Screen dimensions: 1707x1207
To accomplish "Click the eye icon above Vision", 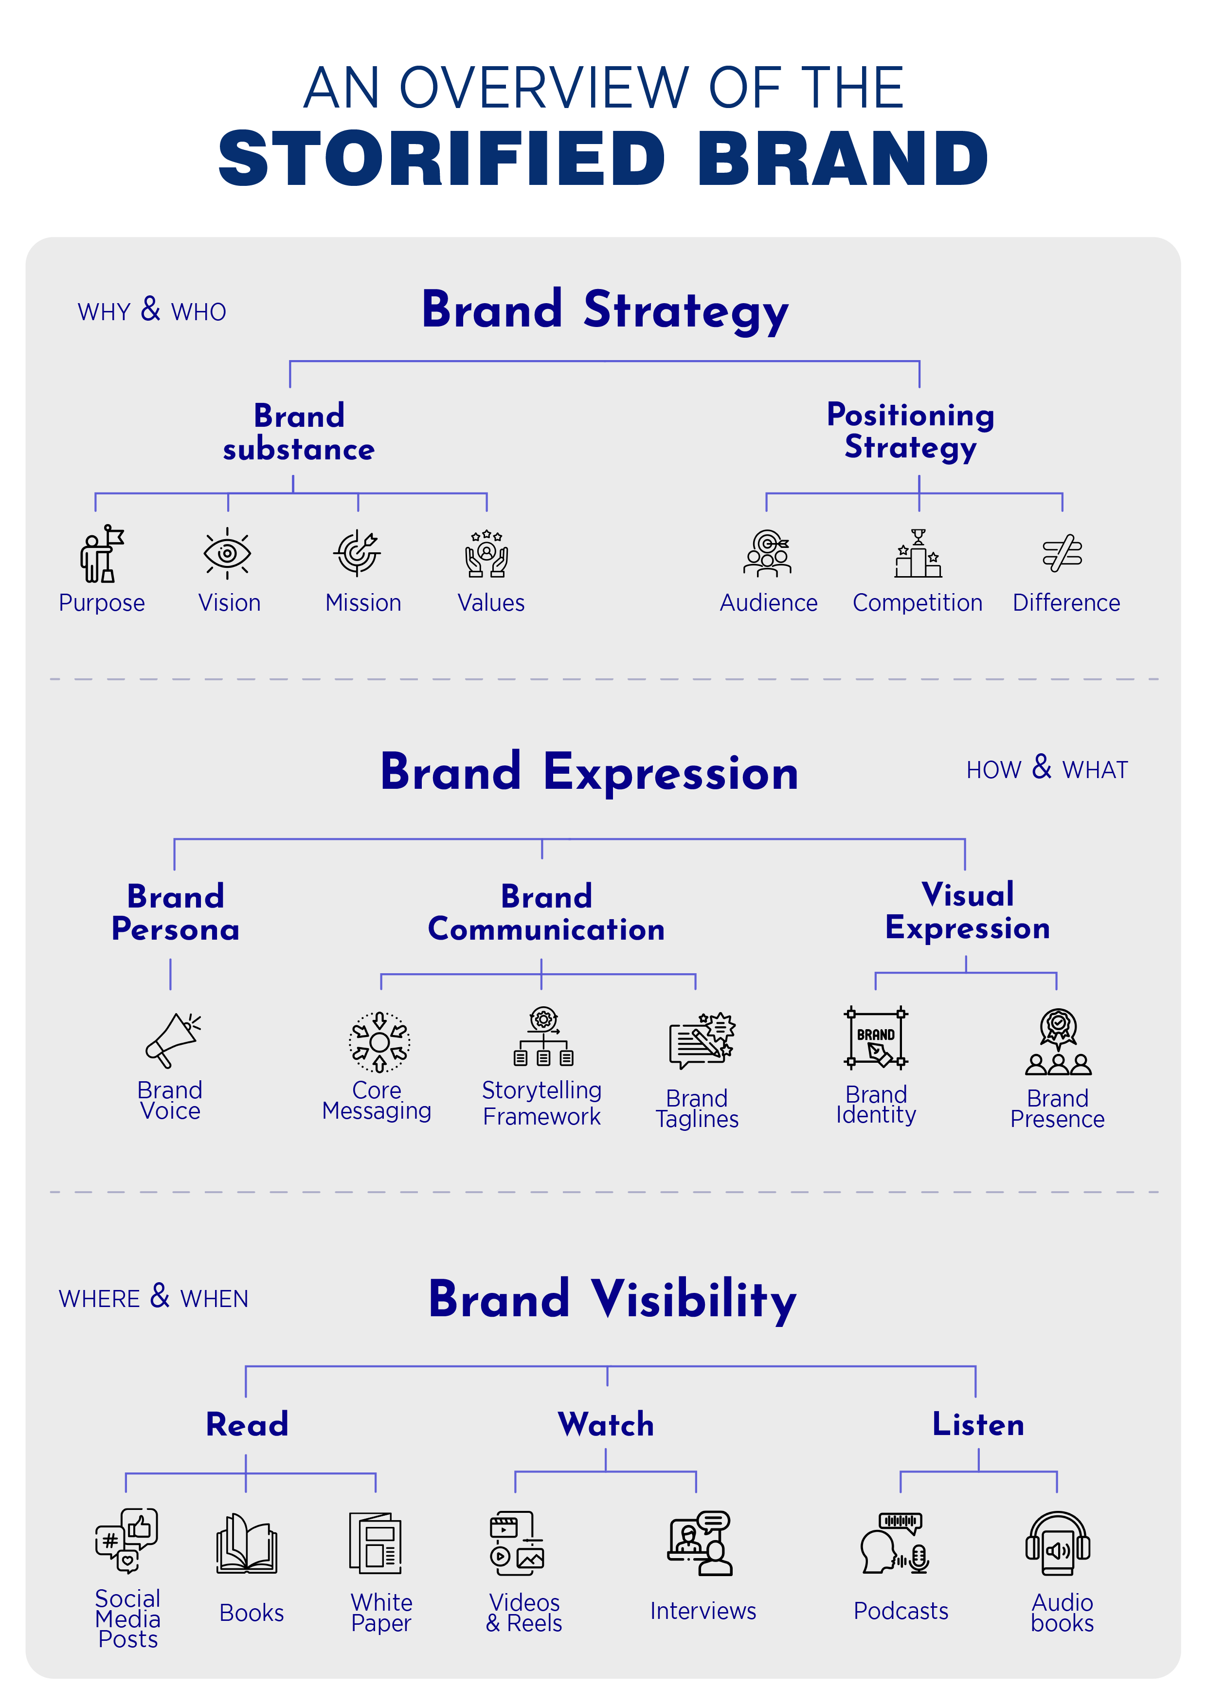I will click(x=227, y=553).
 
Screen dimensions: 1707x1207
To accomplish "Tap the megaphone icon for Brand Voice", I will click(x=172, y=1039).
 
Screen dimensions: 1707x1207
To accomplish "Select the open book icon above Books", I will click(x=247, y=1544).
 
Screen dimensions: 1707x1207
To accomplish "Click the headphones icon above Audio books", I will click(x=1058, y=1544).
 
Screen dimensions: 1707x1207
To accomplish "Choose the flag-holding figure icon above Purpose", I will click(x=102, y=554).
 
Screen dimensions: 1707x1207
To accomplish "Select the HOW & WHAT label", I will click(x=1046, y=769).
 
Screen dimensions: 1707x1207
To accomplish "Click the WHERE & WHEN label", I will click(x=153, y=1297).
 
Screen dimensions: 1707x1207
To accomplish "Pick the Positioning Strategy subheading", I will click(x=910, y=431).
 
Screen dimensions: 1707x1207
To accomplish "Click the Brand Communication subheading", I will click(x=546, y=913).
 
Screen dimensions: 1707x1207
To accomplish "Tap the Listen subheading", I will click(x=978, y=1424).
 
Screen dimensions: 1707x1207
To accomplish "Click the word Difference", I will click(x=1066, y=603).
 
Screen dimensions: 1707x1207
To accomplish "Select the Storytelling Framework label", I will click(x=542, y=1103).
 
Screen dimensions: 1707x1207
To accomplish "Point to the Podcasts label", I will click(x=901, y=1611).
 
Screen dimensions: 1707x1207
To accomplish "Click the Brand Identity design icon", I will click(x=876, y=1038).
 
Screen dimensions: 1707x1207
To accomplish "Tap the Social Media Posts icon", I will click(x=127, y=1541).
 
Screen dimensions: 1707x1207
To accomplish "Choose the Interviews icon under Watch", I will click(x=700, y=1544).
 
